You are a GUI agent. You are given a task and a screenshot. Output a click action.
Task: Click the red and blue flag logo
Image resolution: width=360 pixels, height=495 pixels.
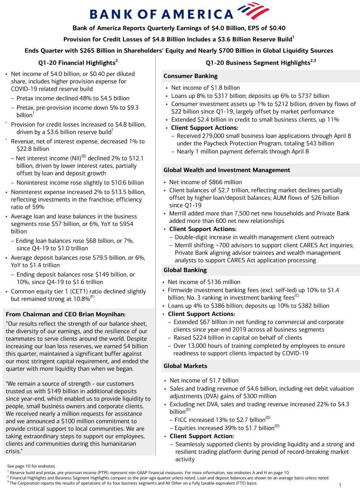coord(253,11)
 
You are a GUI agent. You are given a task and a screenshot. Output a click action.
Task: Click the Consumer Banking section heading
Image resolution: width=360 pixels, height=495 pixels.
coord(190,76)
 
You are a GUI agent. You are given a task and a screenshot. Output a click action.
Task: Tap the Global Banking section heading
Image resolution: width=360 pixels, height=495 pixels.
coord(185,270)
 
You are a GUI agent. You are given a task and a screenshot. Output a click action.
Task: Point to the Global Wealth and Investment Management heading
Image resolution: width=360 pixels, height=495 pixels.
coord(227,170)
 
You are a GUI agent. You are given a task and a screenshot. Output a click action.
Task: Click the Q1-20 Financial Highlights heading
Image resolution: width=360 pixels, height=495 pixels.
coord(78,63)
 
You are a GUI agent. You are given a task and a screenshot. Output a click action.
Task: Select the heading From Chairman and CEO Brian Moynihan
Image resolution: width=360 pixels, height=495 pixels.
coord(66,314)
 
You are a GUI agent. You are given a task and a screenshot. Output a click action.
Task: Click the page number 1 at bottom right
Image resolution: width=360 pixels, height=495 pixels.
coord(340,485)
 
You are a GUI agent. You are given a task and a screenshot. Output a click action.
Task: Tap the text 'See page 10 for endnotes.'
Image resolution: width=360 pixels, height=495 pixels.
coord(32,466)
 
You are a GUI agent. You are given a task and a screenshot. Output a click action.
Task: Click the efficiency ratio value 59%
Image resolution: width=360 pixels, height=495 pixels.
coord(38,207)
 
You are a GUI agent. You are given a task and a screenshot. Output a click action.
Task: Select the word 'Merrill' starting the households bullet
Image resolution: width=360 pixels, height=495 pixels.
coord(179,214)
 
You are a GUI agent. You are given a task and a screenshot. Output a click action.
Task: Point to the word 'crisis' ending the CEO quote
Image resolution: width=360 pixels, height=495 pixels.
coord(13,451)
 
